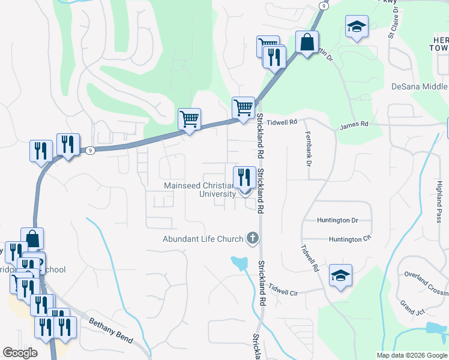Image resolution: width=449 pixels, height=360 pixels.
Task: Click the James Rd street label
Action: (x=354, y=125)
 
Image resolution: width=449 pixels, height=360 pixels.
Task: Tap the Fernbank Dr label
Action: (x=309, y=149)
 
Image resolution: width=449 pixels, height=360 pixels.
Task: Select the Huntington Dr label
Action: (x=337, y=221)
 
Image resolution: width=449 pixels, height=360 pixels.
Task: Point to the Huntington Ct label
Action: (x=350, y=239)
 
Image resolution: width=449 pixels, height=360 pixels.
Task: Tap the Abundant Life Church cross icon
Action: (x=253, y=239)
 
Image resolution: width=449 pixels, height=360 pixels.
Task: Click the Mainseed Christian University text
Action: (x=200, y=190)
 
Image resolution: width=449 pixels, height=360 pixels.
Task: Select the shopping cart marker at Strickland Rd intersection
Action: (x=243, y=109)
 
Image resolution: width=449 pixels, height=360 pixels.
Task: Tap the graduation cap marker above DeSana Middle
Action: (x=357, y=27)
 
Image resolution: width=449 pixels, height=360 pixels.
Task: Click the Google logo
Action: (x=20, y=353)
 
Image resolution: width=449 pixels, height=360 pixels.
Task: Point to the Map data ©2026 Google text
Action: (x=411, y=355)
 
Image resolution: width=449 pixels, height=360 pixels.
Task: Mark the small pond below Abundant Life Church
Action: (x=239, y=262)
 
